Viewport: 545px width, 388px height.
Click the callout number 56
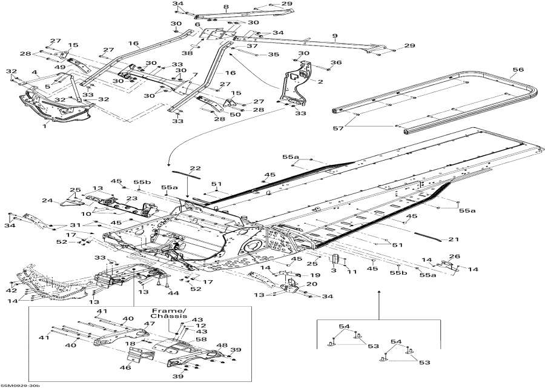(x=518, y=70)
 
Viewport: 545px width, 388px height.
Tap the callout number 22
(x=195, y=169)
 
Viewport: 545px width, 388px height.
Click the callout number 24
(x=46, y=201)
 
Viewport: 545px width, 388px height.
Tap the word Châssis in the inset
(x=165, y=317)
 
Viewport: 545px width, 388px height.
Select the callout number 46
(x=125, y=367)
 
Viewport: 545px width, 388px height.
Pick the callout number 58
(x=200, y=340)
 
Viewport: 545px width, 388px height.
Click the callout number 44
(x=174, y=293)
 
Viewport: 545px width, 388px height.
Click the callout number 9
(x=334, y=36)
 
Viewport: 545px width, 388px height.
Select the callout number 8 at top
(x=209, y=7)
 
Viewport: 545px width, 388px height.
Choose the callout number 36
(x=337, y=62)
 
